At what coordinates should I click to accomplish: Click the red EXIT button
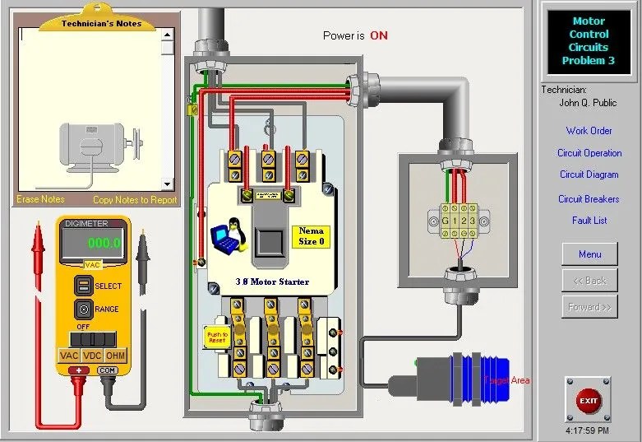point(589,401)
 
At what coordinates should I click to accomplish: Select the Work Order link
point(589,131)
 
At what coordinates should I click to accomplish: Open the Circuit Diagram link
point(589,174)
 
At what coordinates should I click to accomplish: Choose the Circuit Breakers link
point(589,198)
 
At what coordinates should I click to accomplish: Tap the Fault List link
point(589,221)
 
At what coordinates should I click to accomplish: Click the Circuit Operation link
point(589,153)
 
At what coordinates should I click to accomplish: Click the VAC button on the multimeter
point(68,356)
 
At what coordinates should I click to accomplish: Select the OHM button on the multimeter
point(116,356)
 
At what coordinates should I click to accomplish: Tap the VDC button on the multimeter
point(92,356)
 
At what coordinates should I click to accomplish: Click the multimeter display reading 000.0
point(92,244)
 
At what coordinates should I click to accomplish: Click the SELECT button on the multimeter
point(82,286)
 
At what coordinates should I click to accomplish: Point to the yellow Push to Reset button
point(216,337)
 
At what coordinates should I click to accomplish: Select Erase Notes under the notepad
point(40,199)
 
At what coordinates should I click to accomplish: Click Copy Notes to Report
point(134,199)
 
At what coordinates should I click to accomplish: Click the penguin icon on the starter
point(228,237)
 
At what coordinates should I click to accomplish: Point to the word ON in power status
point(378,36)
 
